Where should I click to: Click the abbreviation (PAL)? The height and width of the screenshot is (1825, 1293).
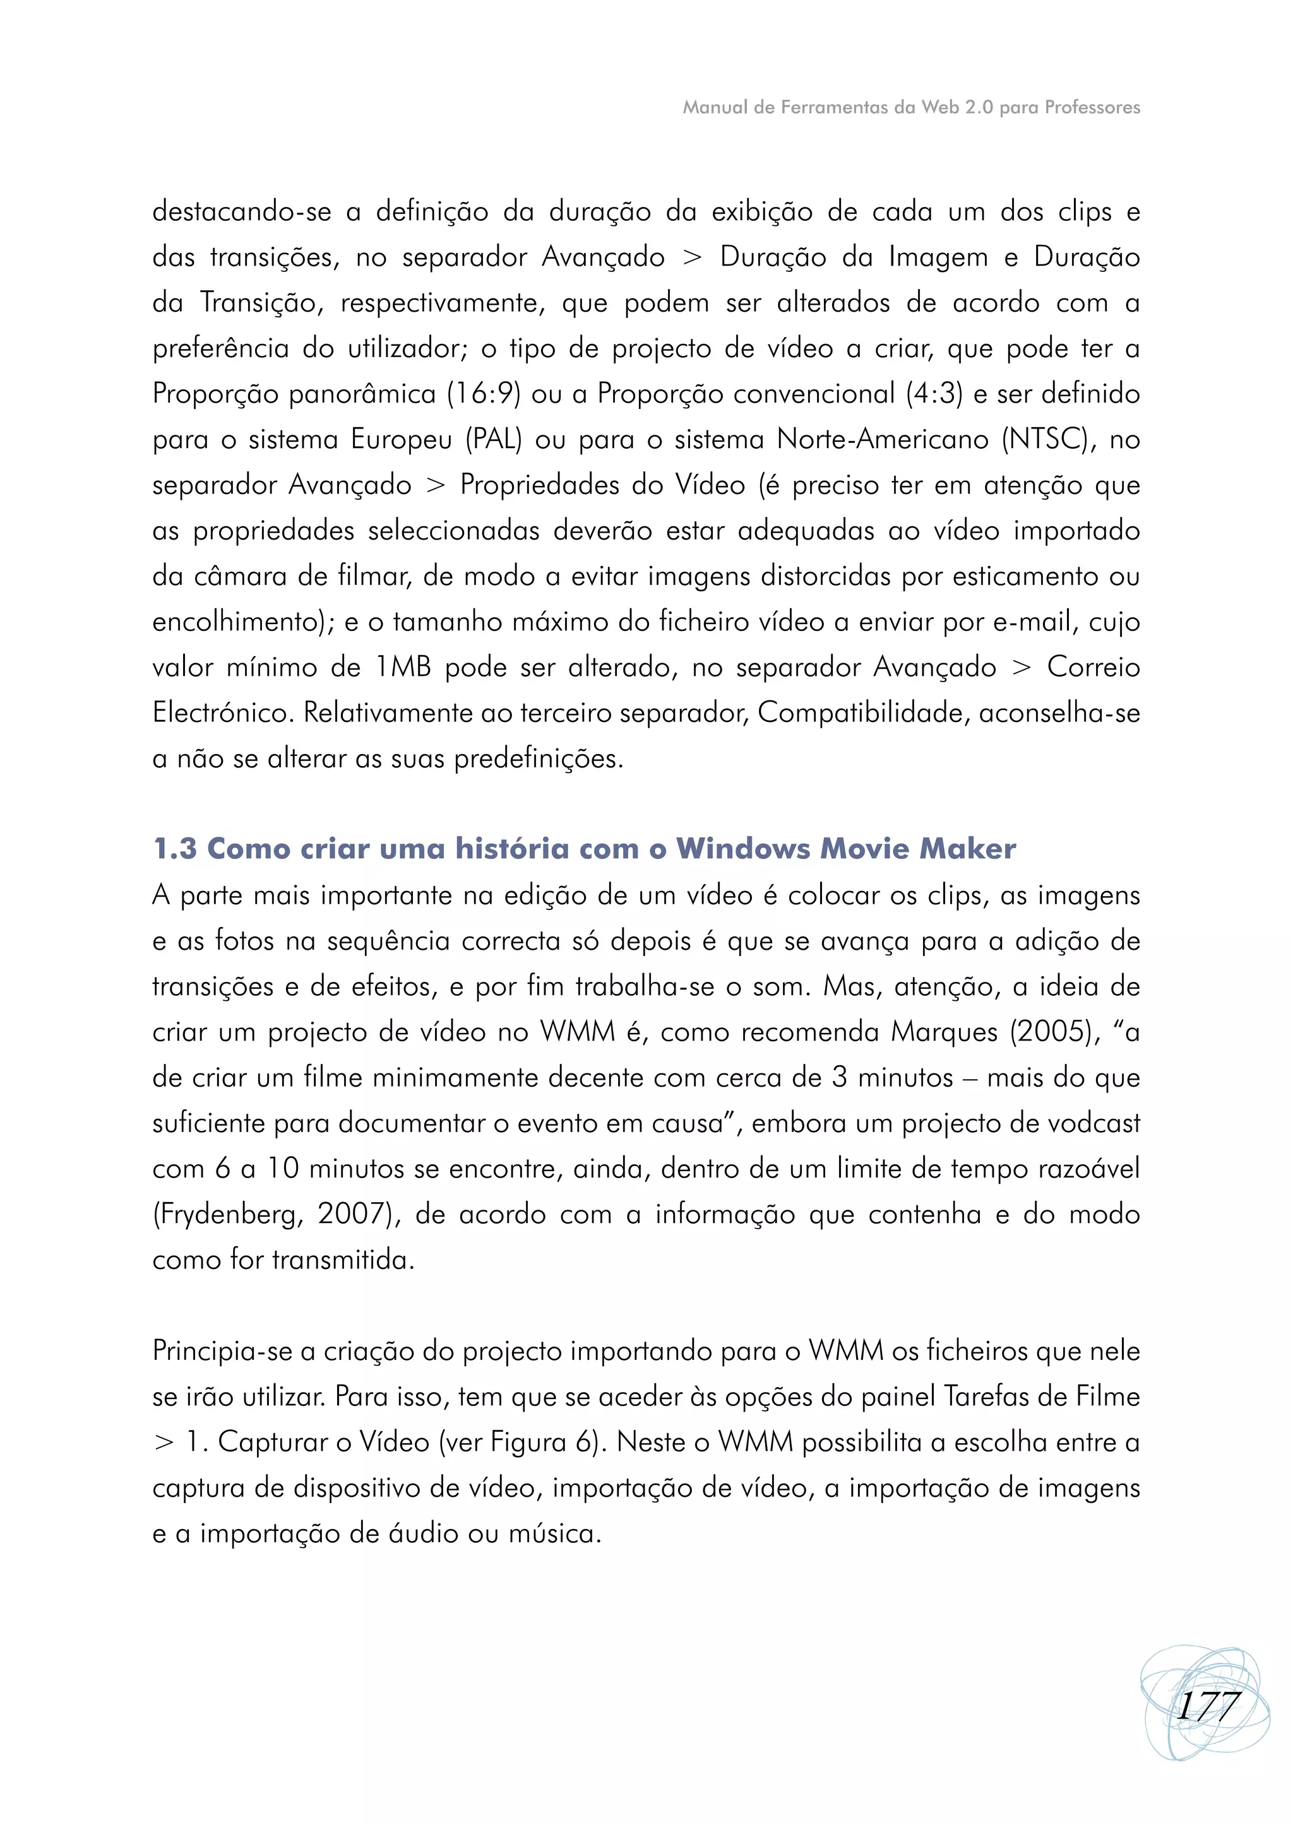pos(494,439)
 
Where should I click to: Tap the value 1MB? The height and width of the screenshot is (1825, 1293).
pos(403,667)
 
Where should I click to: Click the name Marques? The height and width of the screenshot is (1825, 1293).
pos(943,1032)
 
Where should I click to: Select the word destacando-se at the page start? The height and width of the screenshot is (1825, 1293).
pos(241,213)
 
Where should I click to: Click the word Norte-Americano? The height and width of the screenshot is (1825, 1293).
pos(882,439)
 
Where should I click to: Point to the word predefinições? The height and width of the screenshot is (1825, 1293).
pos(538,759)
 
